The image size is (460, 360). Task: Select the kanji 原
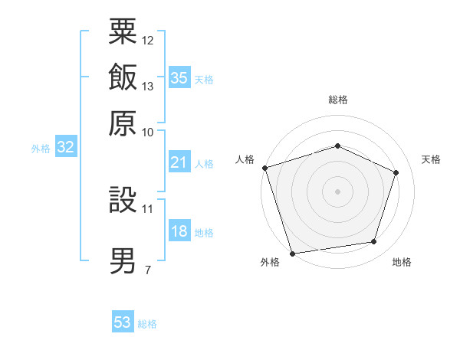point(123,123)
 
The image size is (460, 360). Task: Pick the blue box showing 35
point(179,77)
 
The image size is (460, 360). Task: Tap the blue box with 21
point(179,162)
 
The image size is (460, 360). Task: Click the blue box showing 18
point(179,232)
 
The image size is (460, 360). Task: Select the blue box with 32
point(66,148)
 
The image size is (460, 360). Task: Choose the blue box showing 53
point(123,322)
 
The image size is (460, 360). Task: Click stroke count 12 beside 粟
point(147,40)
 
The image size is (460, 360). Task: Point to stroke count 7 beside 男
point(147,270)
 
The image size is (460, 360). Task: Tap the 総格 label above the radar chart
point(337,100)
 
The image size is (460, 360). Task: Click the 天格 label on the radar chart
point(431,159)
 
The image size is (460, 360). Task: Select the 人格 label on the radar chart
point(245,159)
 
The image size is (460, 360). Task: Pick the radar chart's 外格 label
point(270,263)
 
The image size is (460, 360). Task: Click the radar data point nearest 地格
point(374,242)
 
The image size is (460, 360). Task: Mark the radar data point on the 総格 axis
point(337,146)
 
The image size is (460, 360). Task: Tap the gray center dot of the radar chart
point(337,191)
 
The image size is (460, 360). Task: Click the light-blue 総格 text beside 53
point(147,324)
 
